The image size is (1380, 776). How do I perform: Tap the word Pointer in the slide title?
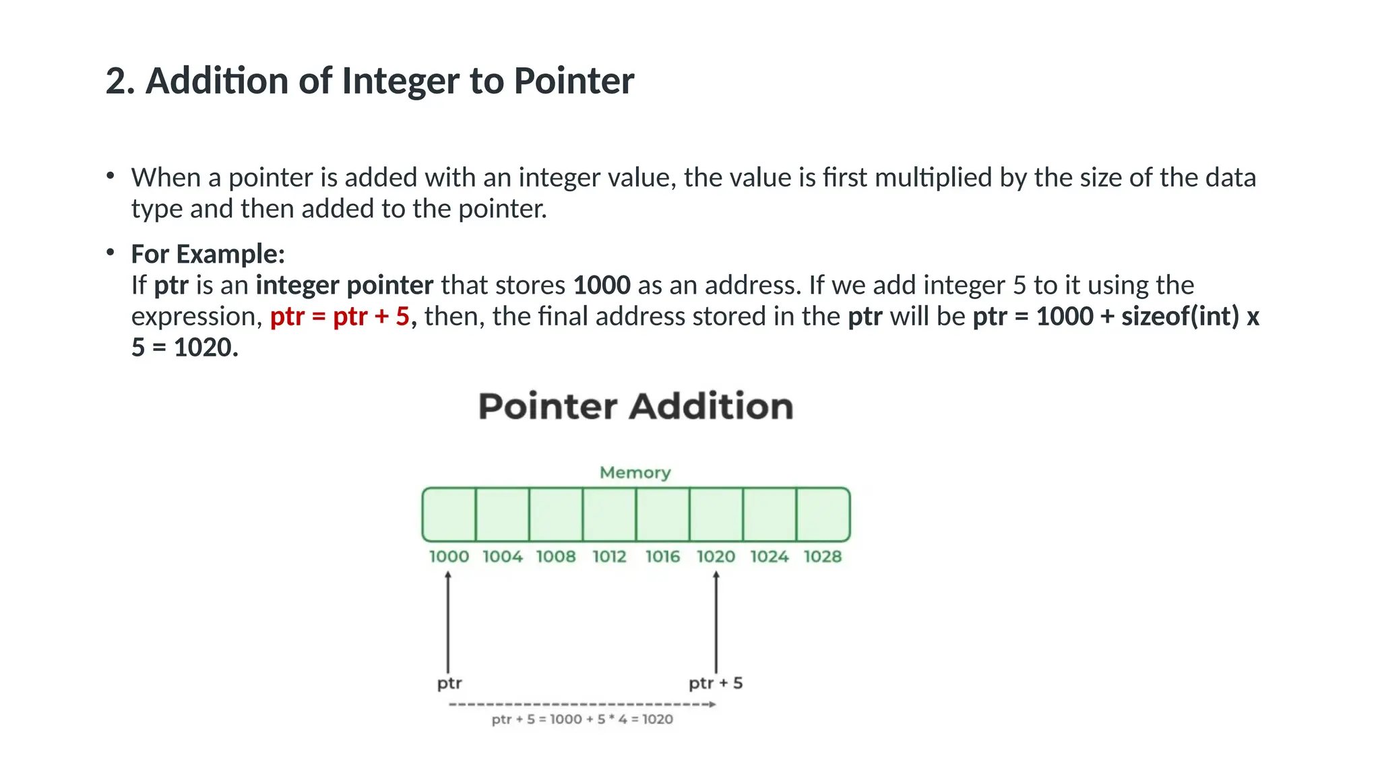click(573, 82)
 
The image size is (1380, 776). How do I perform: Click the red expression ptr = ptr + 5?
click(340, 317)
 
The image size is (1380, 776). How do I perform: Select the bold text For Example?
click(208, 255)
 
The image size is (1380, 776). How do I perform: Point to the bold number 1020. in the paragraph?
click(206, 348)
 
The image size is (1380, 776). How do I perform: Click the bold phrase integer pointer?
click(344, 286)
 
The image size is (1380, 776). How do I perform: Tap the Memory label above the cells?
click(635, 473)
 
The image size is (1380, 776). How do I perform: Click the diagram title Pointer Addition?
click(635, 407)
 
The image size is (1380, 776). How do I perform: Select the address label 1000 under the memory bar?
click(449, 557)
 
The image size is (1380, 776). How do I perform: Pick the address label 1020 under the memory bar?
click(716, 557)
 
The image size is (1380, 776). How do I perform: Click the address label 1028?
click(823, 557)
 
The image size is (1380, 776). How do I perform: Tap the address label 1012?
click(609, 557)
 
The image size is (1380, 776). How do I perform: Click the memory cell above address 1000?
click(449, 515)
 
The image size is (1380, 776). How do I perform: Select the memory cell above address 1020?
click(716, 515)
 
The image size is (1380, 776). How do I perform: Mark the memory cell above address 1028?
click(823, 515)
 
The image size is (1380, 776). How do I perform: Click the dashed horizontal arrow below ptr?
click(582, 705)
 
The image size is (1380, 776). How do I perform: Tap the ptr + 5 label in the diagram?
click(716, 683)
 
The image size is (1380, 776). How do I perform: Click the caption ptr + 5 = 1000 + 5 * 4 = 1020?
click(582, 719)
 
